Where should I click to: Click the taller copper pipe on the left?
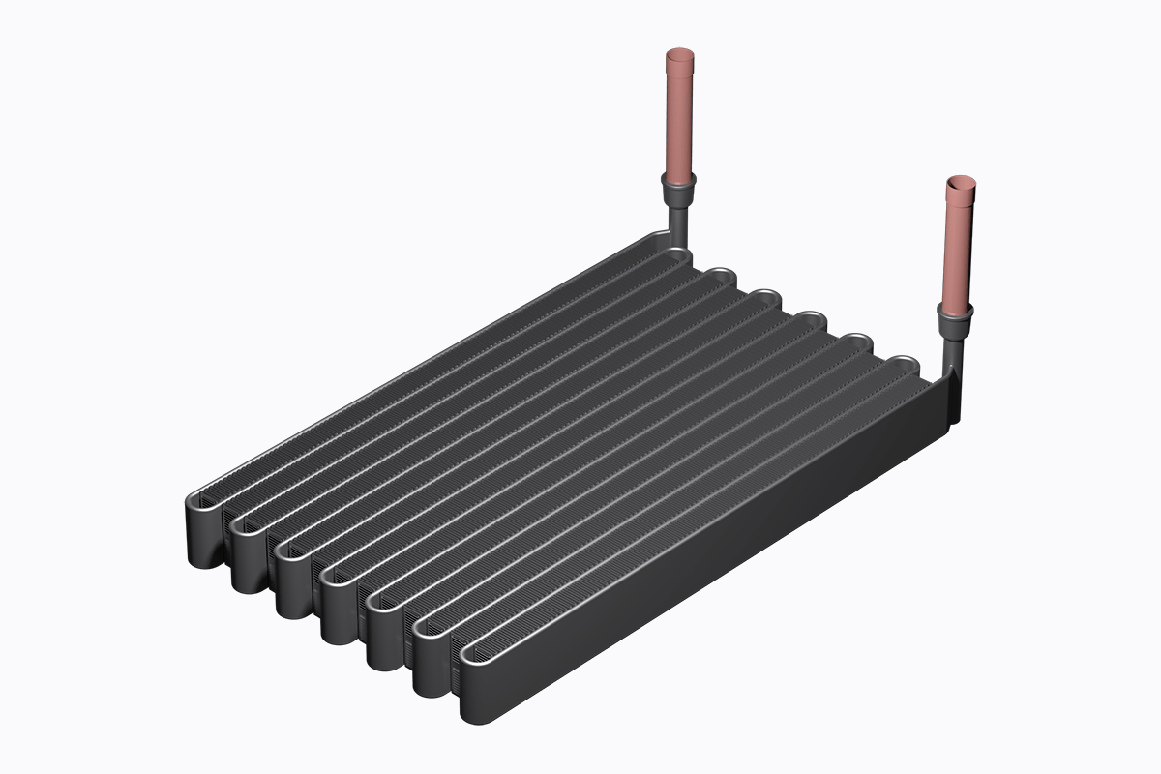(x=680, y=116)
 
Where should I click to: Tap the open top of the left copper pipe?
(x=681, y=57)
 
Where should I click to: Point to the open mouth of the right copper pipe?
(x=962, y=183)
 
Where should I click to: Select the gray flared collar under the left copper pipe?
(x=678, y=188)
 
